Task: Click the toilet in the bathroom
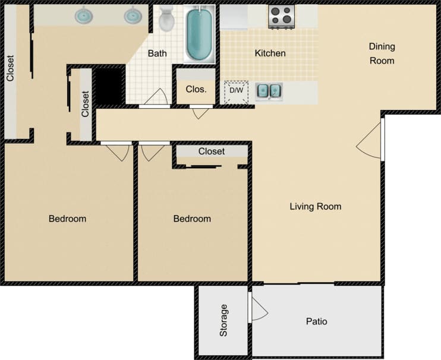coord(167,19)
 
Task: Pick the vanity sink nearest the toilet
coord(134,16)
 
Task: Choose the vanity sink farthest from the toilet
coord(84,16)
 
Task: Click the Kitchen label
coord(270,53)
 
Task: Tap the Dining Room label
coord(382,53)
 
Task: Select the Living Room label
coord(315,207)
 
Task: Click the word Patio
coord(316,321)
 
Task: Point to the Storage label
coord(223,321)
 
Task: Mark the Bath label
coord(157,53)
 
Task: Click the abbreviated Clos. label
coord(196,90)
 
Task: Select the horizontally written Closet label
coord(212,151)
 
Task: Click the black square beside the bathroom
coord(109,86)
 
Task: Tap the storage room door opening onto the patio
coord(259,309)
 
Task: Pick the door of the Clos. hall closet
coord(200,112)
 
